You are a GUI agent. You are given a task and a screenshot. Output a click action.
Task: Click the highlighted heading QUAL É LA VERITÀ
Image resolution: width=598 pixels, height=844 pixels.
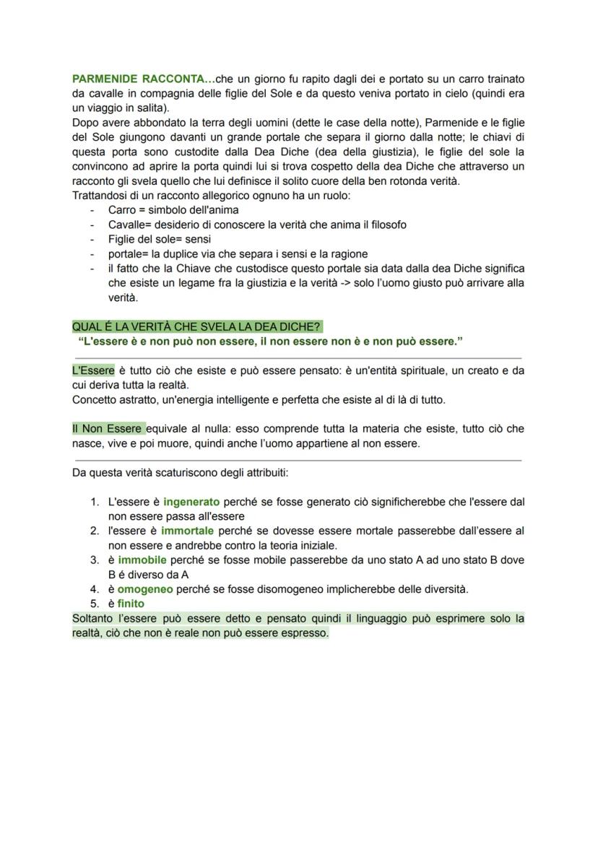point(196,326)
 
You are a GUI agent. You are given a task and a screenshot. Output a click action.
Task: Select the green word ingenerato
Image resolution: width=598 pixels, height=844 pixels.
point(191,501)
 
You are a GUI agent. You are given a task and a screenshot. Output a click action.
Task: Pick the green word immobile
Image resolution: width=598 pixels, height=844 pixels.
point(142,560)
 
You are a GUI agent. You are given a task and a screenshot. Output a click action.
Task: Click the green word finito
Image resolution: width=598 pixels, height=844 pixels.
point(131,604)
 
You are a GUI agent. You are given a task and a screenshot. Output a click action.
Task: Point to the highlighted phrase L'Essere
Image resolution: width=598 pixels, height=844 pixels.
point(93,370)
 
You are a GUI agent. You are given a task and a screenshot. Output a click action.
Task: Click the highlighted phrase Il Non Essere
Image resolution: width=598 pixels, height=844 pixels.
point(108,429)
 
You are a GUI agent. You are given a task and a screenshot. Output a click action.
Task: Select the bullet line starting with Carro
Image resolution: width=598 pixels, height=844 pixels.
point(173,210)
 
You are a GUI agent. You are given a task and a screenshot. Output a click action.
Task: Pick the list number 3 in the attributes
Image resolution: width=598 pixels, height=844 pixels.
point(94,560)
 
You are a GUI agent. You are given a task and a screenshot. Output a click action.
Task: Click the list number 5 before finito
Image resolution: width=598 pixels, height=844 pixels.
point(94,604)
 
